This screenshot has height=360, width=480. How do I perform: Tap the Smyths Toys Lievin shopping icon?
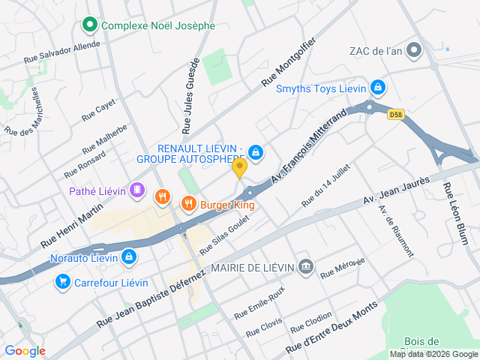pyautogui.click(x=377, y=88)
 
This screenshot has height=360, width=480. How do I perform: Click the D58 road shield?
pyautogui.click(x=396, y=115)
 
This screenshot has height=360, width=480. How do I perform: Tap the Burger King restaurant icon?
pyautogui.click(x=188, y=202)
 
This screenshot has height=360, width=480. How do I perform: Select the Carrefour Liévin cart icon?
pyautogui.click(x=62, y=281)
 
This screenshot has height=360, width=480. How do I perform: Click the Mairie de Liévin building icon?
pyautogui.click(x=305, y=266)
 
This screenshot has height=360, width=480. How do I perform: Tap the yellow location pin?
pyautogui.click(x=239, y=168)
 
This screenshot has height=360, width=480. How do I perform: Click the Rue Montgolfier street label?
pyautogui.click(x=289, y=62)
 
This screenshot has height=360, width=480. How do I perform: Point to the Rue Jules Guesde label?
pyautogui.click(x=190, y=95)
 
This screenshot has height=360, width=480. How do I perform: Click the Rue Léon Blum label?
pyautogui.click(x=455, y=214)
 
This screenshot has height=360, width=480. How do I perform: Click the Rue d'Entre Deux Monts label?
pyautogui.click(x=331, y=333)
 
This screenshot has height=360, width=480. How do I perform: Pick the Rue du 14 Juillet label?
pyautogui.click(x=326, y=185)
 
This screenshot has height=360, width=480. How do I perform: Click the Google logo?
pyautogui.click(x=25, y=350)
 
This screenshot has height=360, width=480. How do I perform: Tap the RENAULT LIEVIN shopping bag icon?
pyautogui.click(x=256, y=152)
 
